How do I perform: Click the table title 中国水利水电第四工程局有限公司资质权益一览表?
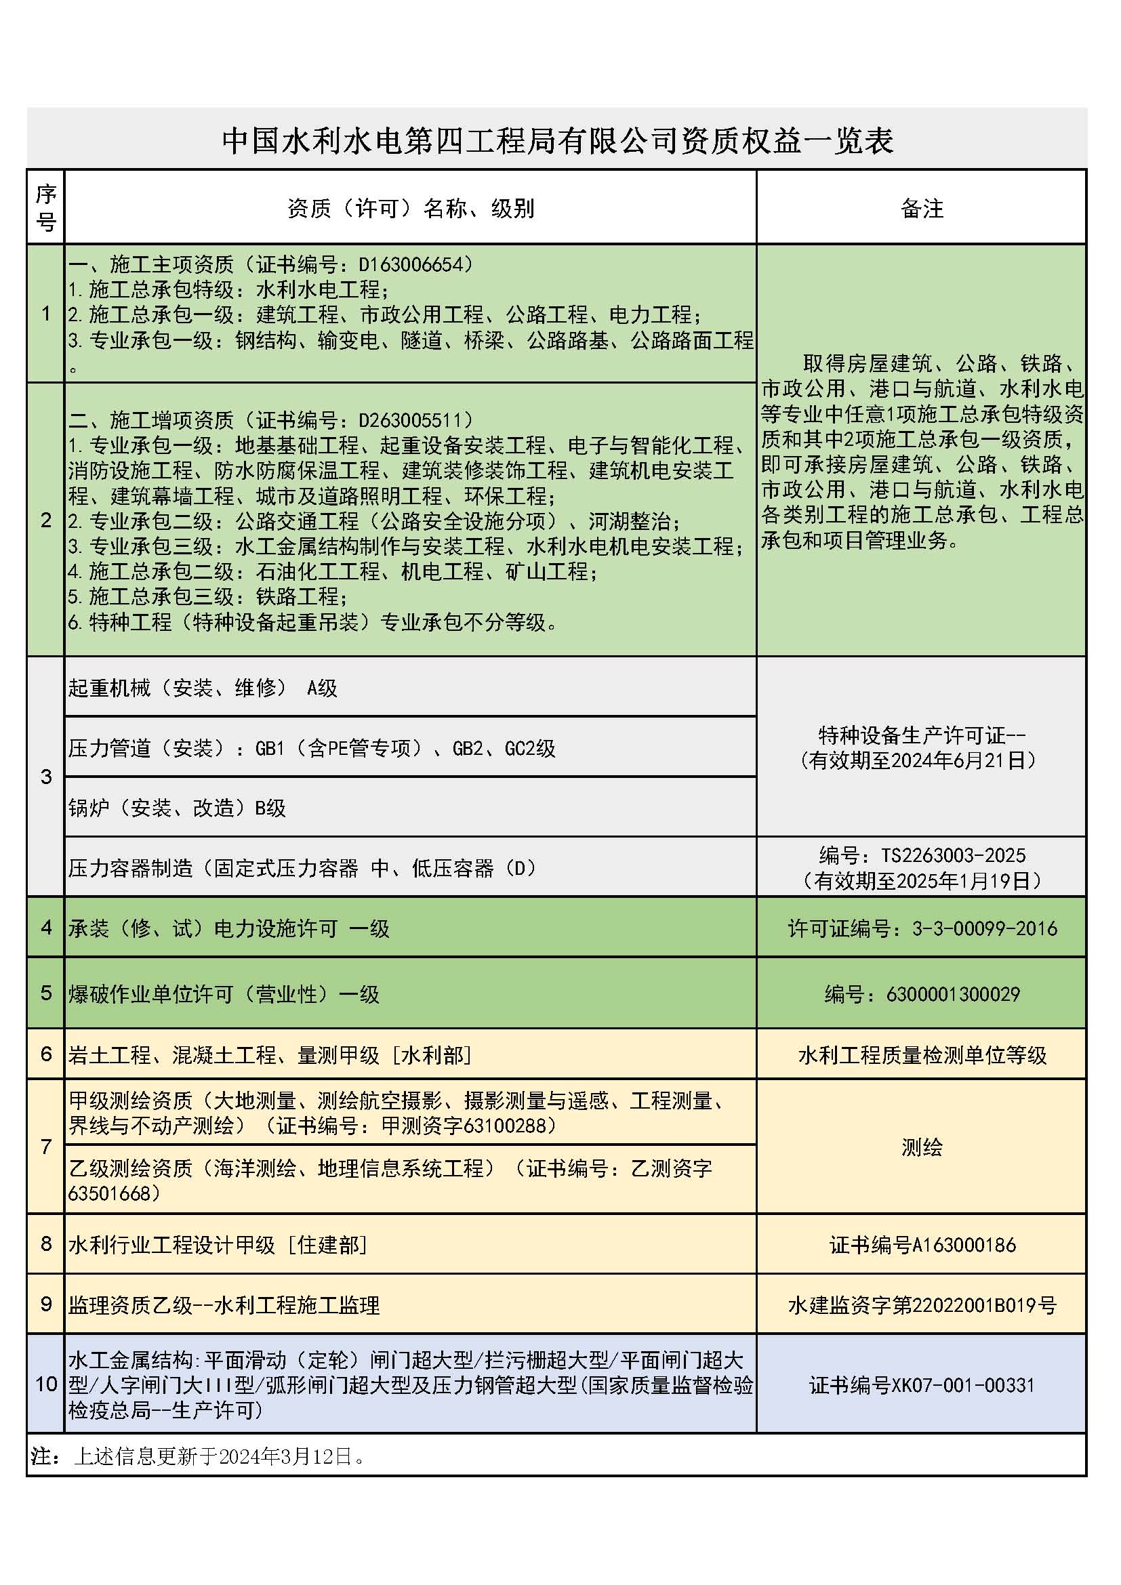558,141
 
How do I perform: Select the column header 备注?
922,209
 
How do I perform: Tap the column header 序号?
46,208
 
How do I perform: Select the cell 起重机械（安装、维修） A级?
203,688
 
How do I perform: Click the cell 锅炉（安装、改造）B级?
177,808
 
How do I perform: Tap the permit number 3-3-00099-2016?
984,928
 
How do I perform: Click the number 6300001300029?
952,994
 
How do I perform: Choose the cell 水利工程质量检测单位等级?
922,1055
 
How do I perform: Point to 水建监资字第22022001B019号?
922,1305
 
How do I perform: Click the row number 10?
46,1384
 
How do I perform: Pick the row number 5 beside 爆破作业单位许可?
46,993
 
